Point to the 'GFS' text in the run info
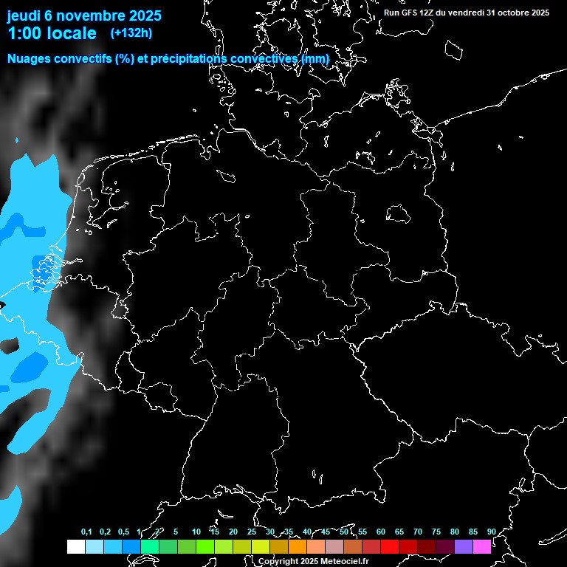(409, 13)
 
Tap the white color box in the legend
(75, 546)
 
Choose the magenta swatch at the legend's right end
(482, 546)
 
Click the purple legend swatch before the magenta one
(464, 546)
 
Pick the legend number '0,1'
(86, 532)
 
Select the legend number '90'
(491, 532)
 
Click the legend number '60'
(380, 532)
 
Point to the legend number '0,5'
(123, 532)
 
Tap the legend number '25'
(251, 532)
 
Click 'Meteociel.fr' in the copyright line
(344, 562)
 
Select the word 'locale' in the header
(72, 33)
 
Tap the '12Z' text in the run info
(427, 13)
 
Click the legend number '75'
(436, 532)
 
